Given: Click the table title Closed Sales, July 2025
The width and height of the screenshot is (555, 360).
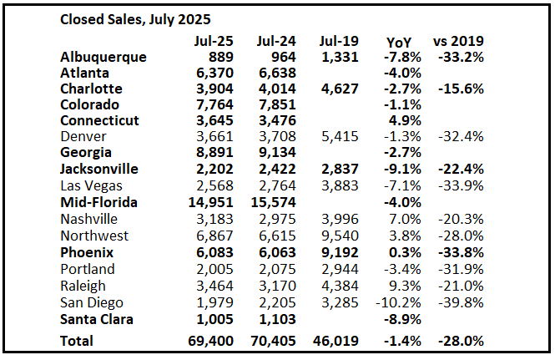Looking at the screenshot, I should [135, 18].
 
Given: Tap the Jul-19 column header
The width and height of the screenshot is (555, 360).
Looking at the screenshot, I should [337, 41].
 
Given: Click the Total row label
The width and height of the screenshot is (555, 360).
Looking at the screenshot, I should [78, 340].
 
